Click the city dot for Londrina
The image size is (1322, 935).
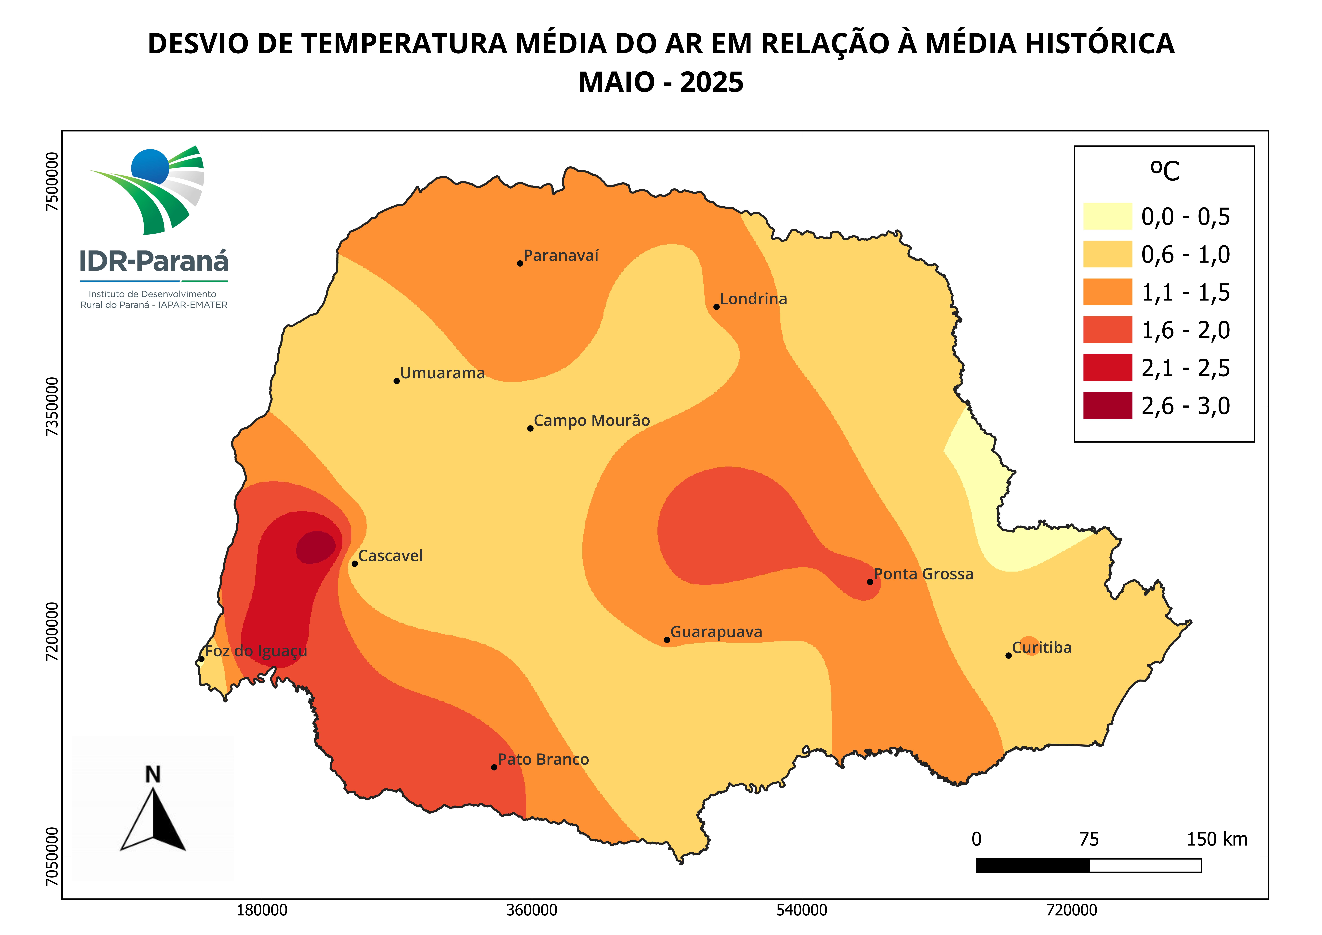point(716,306)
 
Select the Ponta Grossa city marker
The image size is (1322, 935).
point(870,582)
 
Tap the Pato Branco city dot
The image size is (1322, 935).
point(494,767)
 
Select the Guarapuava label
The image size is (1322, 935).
point(716,632)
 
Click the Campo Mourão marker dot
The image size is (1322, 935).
point(530,429)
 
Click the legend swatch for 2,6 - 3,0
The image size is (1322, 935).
point(1107,406)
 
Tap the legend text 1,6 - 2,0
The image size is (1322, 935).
point(1185,330)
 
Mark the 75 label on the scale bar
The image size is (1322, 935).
point(1089,839)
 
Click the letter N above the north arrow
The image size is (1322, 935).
point(153,775)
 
